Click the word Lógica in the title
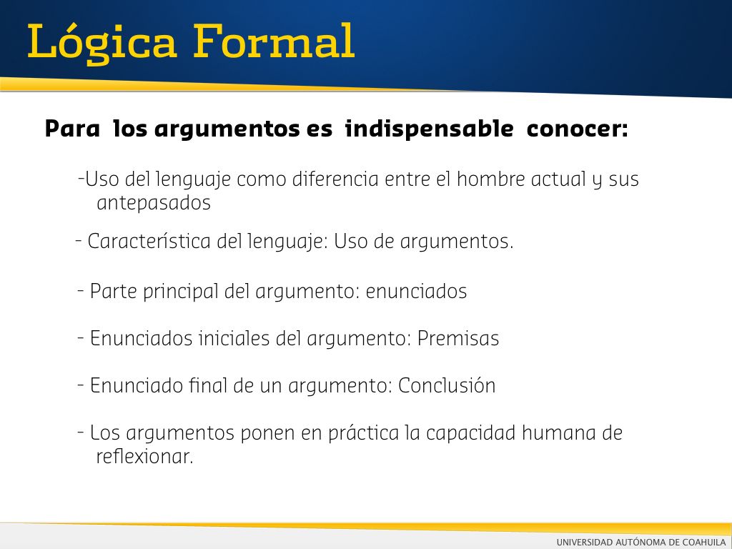(x=102, y=43)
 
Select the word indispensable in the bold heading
(x=429, y=129)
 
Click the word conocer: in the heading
(x=577, y=129)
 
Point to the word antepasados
(x=154, y=203)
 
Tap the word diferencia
(x=335, y=179)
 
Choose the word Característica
(x=149, y=242)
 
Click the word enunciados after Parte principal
(x=416, y=292)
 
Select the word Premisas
(x=458, y=338)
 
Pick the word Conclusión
(x=447, y=385)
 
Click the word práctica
(x=364, y=433)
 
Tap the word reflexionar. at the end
(x=144, y=456)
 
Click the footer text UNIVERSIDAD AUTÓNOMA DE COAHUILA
(x=641, y=542)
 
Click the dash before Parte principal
(x=81, y=291)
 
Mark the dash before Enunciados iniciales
(x=81, y=338)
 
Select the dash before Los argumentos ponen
(x=81, y=432)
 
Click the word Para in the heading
(x=72, y=129)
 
